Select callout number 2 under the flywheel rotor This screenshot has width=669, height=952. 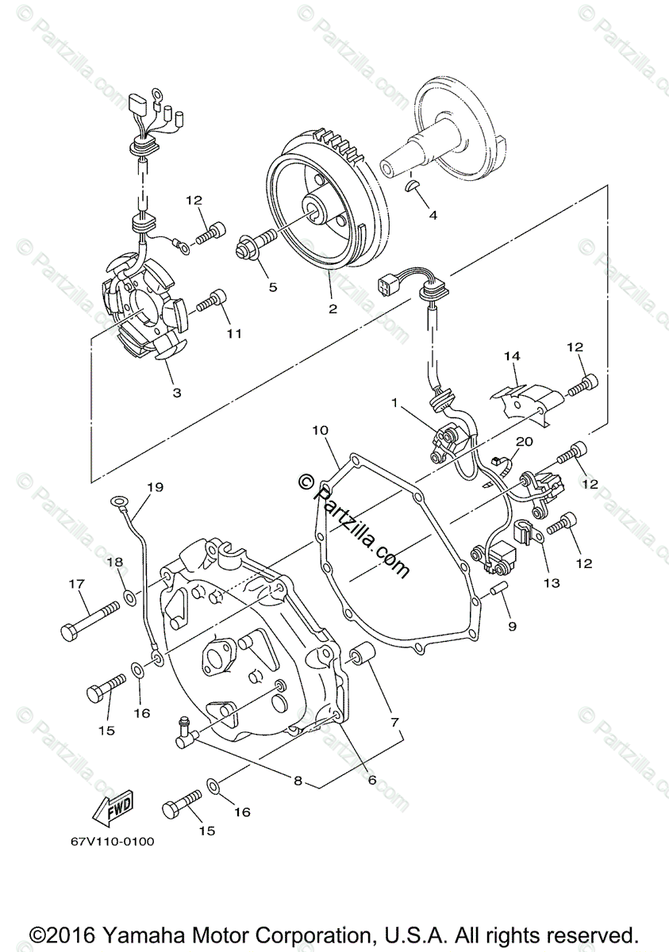click(x=333, y=308)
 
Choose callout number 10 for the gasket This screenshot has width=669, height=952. click(x=319, y=431)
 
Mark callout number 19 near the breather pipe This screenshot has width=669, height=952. click(x=154, y=486)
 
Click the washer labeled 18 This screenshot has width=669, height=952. click(x=127, y=593)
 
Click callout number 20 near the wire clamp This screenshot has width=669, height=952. click(x=525, y=442)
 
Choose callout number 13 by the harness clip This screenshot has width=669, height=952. click(x=551, y=583)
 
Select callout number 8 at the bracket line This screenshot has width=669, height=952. click(x=298, y=781)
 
